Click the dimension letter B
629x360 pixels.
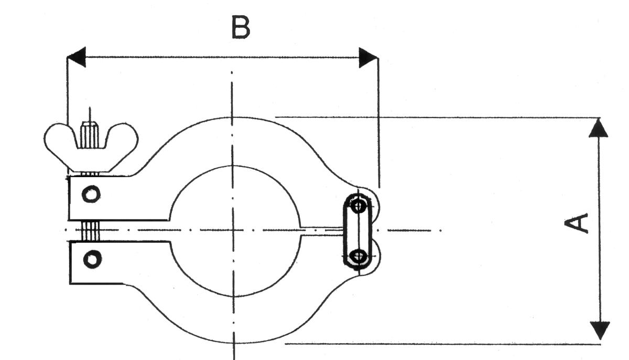[241, 28]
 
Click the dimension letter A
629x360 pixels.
[577, 222]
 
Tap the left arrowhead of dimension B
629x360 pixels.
[77, 57]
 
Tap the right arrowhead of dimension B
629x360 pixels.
[367, 57]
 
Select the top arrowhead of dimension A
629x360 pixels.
[599, 128]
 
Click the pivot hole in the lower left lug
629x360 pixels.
[93, 258]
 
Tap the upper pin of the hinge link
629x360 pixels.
[359, 205]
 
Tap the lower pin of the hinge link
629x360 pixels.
[359, 256]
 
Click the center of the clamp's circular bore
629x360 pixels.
[234, 230]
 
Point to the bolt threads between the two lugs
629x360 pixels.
[90, 231]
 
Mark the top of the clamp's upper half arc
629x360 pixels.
[233, 118]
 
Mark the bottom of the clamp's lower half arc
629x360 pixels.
[234, 343]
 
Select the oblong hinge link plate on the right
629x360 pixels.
[359, 231]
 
